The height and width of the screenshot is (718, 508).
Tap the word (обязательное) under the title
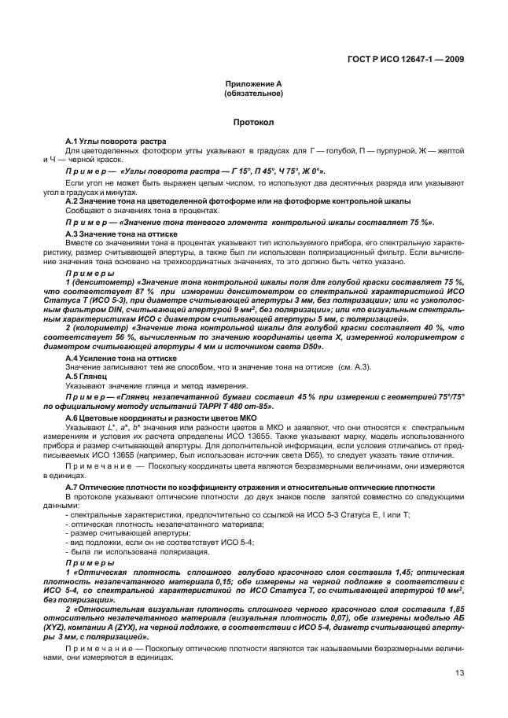pos(253,93)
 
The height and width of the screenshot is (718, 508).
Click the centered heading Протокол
pos(253,123)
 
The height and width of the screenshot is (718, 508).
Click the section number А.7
pos(74,488)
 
